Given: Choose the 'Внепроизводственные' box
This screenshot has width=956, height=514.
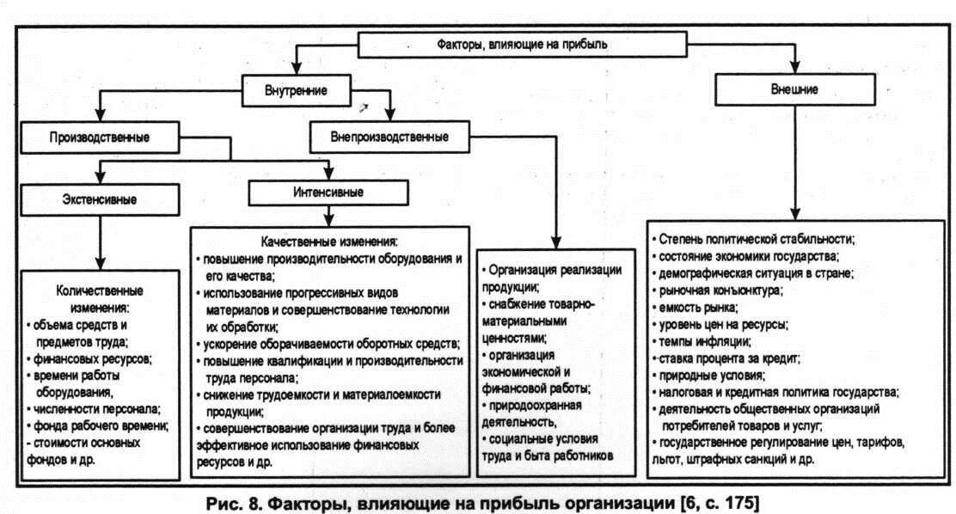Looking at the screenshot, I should tap(389, 137).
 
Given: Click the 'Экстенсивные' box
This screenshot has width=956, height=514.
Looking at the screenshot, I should tap(101, 199).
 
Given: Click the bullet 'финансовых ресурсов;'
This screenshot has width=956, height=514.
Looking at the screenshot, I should tap(95, 358).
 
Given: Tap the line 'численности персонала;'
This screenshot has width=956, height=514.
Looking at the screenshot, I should tap(100, 408).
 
